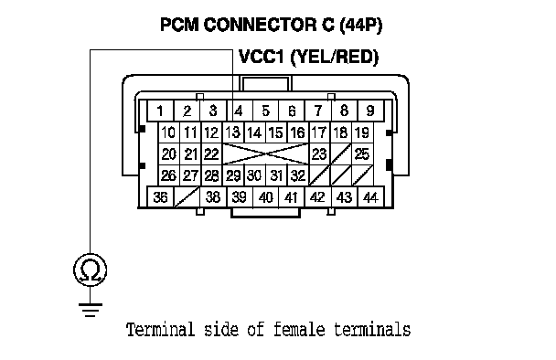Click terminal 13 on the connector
(x=233, y=132)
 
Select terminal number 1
(x=160, y=111)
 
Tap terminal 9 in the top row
(x=370, y=111)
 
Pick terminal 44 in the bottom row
(x=370, y=197)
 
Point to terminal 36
(x=160, y=197)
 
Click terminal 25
(x=362, y=154)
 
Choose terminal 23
(x=319, y=154)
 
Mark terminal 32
(x=298, y=175)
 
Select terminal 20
(x=169, y=154)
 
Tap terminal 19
(x=362, y=132)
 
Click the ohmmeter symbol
(x=90, y=270)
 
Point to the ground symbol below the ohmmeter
(x=90, y=310)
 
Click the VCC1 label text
(x=262, y=57)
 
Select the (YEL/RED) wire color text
(x=335, y=58)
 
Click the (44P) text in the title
(x=361, y=26)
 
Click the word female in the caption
(x=299, y=329)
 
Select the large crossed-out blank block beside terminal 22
(x=265, y=154)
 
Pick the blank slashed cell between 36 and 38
(x=187, y=197)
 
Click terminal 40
(x=265, y=197)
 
